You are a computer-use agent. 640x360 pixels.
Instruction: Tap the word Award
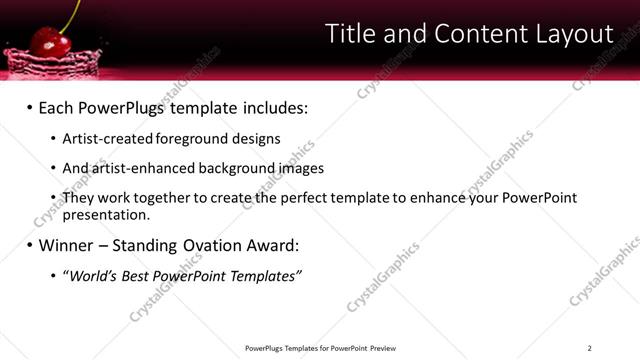[x=274, y=245]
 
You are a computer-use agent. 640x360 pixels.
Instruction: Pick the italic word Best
[x=131, y=275]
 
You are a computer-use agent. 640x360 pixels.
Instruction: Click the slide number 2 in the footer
[x=589, y=348]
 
